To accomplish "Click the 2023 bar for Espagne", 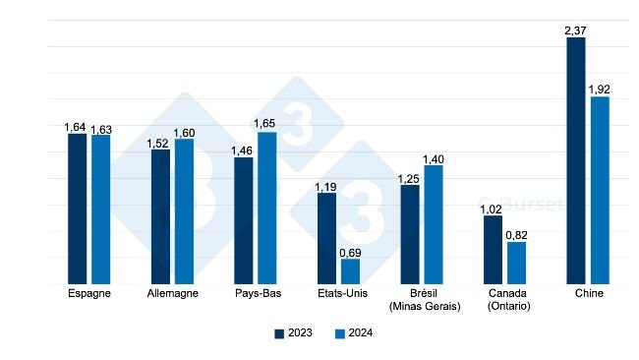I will [77, 210].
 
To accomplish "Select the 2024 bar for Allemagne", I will [184, 211].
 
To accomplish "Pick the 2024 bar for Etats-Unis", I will [350, 272].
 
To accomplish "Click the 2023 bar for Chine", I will [576, 161].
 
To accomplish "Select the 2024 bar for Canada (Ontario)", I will [516, 263].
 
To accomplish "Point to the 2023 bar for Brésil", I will [410, 235].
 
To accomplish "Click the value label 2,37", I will [576, 30].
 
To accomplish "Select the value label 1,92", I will [600, 90].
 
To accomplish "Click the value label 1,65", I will [267, 125].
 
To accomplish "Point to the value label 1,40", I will [434, 158].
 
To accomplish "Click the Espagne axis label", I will [88, 294].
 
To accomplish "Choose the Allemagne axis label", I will [172, 294].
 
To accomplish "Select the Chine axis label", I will [588, 294].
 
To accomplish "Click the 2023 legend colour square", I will [279, 333].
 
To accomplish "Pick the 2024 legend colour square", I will [340, 333].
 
